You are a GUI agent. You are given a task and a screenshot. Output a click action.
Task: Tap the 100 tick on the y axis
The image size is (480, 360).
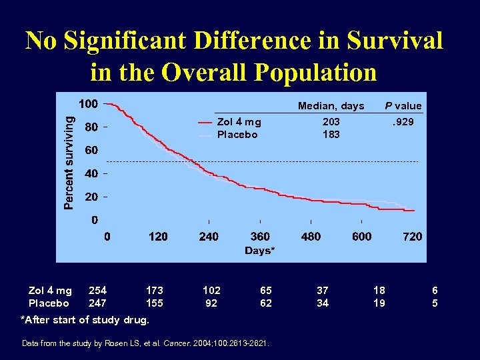[88, 104]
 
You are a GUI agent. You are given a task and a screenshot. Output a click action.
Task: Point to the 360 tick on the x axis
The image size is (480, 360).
[260, 236]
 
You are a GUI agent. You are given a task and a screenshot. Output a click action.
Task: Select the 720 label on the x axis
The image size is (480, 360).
[413, 236]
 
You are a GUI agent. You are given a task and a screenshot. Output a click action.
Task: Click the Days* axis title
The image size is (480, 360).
[259, 251]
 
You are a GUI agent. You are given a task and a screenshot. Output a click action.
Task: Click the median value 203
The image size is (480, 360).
[331, 122]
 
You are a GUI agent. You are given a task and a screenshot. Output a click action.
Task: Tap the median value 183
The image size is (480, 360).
[331, 134]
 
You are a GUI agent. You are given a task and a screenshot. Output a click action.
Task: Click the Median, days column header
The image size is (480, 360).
[331, 106]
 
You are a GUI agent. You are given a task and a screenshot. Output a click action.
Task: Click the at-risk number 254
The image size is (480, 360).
[97, 291]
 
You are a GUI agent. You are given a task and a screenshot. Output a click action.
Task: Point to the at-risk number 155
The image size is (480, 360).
[154, 303]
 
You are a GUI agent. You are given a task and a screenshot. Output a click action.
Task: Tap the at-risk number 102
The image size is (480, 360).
[211, 291]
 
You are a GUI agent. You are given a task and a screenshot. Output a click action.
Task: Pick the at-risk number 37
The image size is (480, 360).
[323, 291]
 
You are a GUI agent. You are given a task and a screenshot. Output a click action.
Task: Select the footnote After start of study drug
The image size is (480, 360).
[85, 319]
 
